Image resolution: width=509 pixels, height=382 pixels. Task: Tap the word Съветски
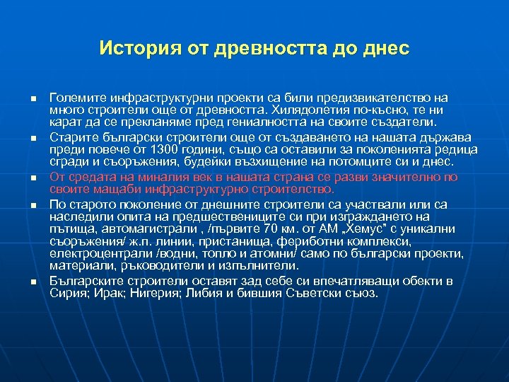coord(308,291)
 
